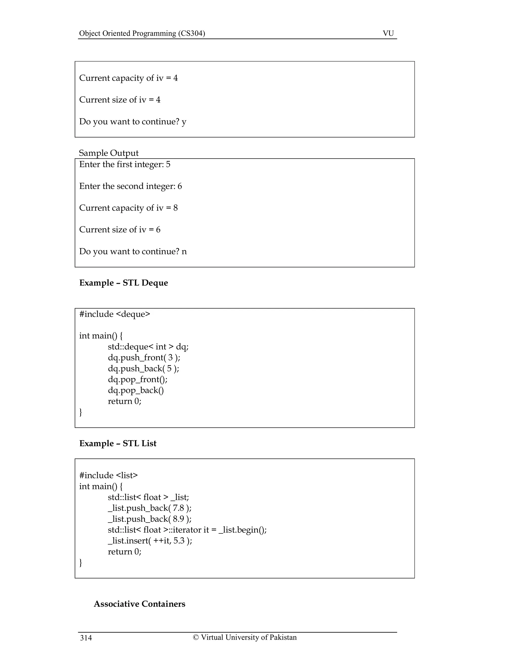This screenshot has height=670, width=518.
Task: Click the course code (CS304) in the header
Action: pos(191,33)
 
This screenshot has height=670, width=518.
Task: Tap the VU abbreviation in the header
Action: pos(388,33)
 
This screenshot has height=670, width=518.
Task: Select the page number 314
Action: pos(86,638)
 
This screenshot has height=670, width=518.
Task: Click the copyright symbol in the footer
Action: pos(196,637)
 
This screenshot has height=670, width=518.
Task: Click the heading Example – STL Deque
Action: pos(123,283)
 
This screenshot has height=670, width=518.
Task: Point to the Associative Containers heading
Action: pos(139,604)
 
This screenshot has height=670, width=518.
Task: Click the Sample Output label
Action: pos(109,153)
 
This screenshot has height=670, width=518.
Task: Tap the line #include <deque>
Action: pos(115,314)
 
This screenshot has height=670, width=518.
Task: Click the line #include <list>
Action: pos(108,475)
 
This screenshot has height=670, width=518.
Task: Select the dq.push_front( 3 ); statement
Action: pos(144,358)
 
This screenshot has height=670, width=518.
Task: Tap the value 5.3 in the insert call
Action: pos(179,541)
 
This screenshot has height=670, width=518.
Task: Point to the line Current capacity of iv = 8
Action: pos(128,208)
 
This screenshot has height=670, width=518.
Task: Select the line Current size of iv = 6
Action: pos(120,230)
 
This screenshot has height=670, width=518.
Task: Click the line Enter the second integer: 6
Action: pos(131,186)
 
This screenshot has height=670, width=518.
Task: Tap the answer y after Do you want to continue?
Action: pos(184,122)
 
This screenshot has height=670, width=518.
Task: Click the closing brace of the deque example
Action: pos(81,412)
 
